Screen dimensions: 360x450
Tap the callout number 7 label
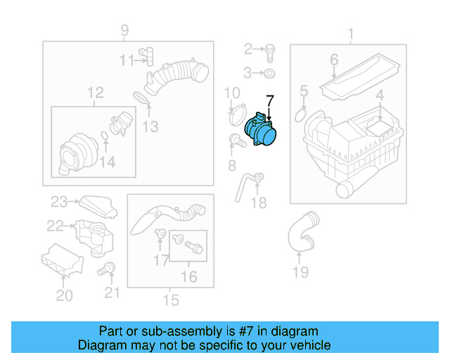point(270,100)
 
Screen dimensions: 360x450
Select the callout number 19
point(300,271)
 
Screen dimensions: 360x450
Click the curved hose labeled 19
point(300,233)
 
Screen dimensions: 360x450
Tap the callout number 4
point(379,96)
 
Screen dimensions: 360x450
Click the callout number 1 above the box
point(351,32)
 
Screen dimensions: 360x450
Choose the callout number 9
point(124,30)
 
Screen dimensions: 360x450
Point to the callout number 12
point(95,92)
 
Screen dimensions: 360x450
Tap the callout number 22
point(55,226)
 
